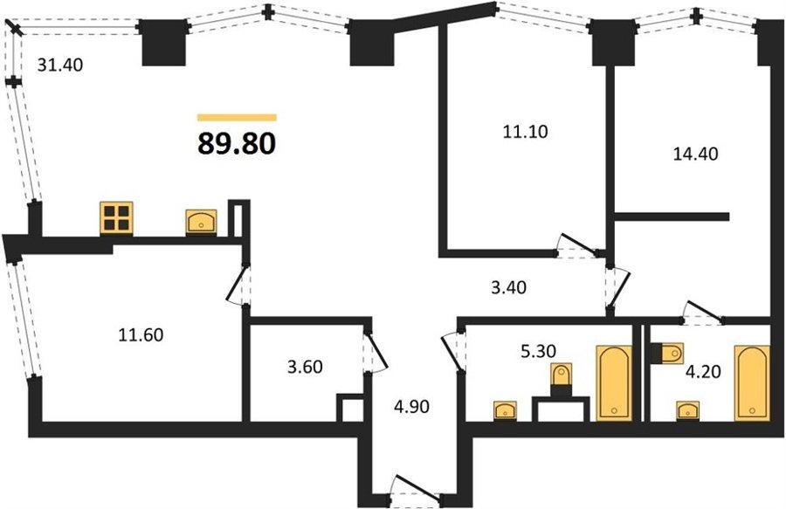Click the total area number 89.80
click(237, 143)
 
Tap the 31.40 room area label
click(60, 65)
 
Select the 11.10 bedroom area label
click(525, 132)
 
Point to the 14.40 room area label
click(695, 154)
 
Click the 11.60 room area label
click(141, 334)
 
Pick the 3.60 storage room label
click(305, 367)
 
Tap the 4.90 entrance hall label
click(411, 406)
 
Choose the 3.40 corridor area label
click(508, 287)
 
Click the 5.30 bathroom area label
click(538, 351)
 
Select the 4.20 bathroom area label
click(703, 372)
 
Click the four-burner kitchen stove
click(116, 217)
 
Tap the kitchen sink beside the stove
click(201, 222)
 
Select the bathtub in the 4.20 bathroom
click(752, 382)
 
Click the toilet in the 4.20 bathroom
click(667, 354)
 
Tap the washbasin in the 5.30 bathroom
click(506, 411)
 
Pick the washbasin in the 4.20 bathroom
click(688, 411)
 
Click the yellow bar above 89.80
click(237, 118)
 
